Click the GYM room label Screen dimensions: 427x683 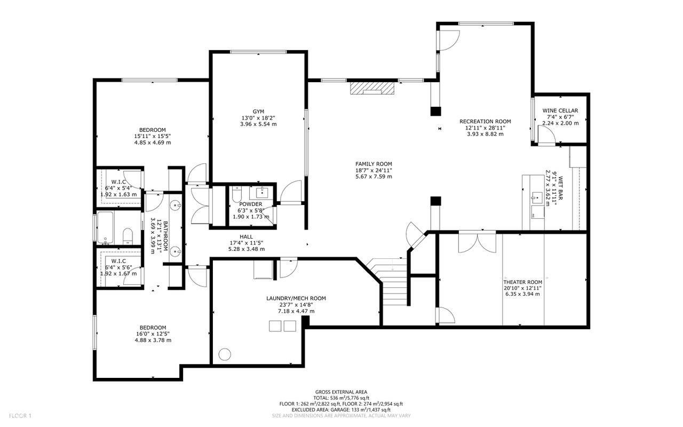258,112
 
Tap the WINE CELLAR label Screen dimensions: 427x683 560,110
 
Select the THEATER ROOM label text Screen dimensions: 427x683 522,282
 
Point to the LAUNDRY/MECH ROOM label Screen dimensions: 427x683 296,298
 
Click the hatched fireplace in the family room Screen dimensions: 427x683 372,88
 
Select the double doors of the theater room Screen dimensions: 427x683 477,241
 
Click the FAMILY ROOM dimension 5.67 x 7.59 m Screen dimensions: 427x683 374,177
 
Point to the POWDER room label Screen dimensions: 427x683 251,204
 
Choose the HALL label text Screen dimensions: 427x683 246,236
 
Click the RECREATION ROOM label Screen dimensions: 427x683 485,121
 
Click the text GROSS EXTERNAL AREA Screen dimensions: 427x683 341,392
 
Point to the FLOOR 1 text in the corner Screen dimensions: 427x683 20,415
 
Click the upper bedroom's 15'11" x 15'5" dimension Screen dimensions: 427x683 152,136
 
